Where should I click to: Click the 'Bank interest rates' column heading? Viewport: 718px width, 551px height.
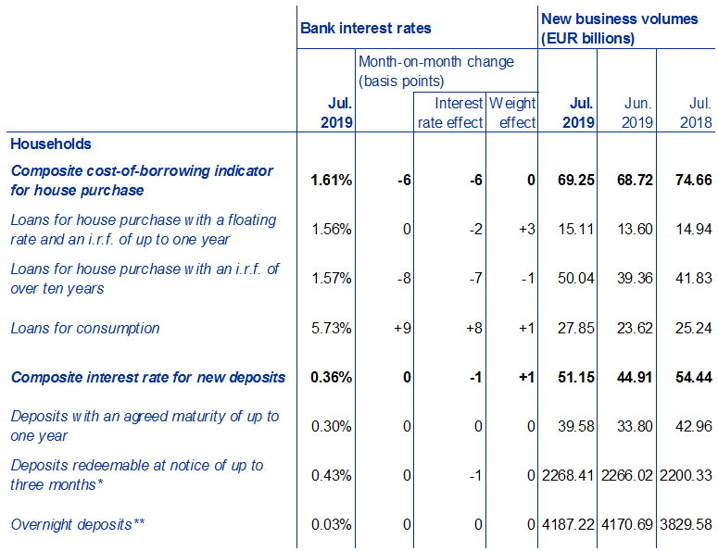(366, 28)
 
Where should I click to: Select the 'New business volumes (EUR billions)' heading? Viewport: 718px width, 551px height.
(619, 29)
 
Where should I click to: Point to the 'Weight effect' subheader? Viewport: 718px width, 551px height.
(512, 113)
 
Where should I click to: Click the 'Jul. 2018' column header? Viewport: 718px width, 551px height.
(687, 113)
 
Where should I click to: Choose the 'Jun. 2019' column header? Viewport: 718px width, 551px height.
(627, 113)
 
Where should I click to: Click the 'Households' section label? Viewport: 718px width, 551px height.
(51, 144)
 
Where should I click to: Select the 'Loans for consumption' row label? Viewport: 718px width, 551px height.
(85, 329)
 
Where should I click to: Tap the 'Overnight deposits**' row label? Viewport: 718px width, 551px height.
(78, 525)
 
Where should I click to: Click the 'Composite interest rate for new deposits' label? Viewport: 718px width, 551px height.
(148, 378)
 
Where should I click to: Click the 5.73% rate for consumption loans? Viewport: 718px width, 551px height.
(332, 329)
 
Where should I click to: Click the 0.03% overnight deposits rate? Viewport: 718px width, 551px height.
(332, 525)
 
